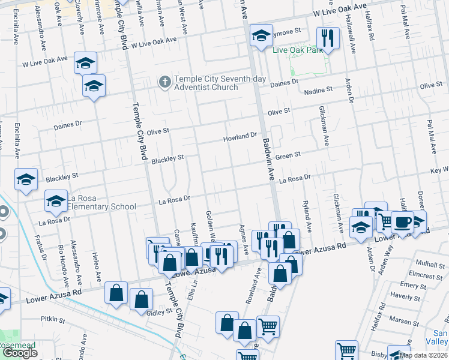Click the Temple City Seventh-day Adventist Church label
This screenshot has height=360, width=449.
pos(206,83)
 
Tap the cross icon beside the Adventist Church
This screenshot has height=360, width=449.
pos(164,80)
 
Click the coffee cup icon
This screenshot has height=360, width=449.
pos(402,221)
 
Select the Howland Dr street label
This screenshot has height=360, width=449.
pos(240,137)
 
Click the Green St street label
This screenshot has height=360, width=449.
pos(288,155)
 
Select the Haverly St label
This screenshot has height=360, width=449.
pos(412,296)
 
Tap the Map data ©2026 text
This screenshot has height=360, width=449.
pos(423,355)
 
